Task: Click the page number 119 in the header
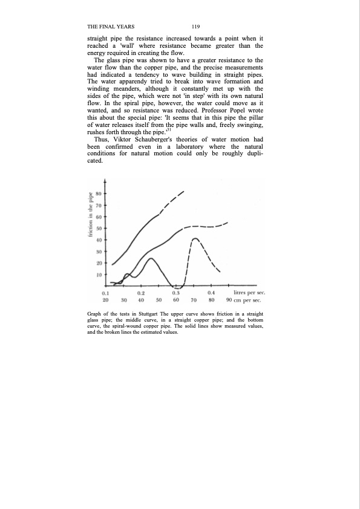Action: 195,27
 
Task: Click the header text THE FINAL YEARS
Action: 111,27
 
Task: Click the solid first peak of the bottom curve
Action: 151,259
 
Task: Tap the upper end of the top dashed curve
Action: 183,192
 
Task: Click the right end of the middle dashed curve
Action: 227,222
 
